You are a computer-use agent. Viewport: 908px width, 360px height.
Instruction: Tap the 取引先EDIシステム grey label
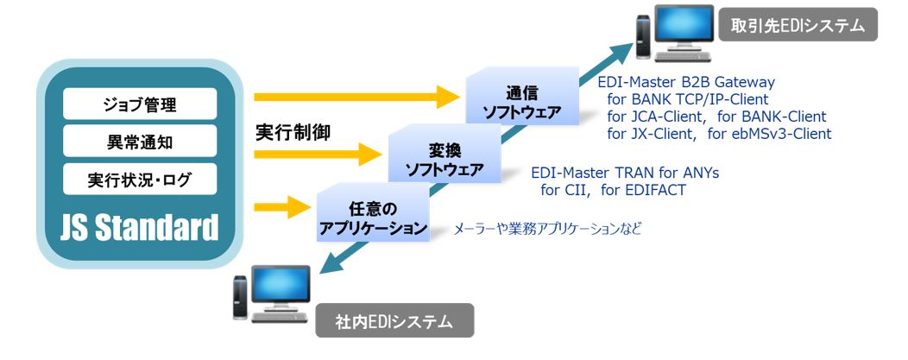click(798, 26)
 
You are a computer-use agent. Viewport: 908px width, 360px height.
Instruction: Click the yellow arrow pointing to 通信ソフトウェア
click(355, 96)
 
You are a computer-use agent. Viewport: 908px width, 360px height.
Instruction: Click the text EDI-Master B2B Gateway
click(686, 83)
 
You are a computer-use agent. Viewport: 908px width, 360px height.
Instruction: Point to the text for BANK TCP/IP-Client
click(688, 99)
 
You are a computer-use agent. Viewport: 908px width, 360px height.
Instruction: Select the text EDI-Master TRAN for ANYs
click(625, 174)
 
